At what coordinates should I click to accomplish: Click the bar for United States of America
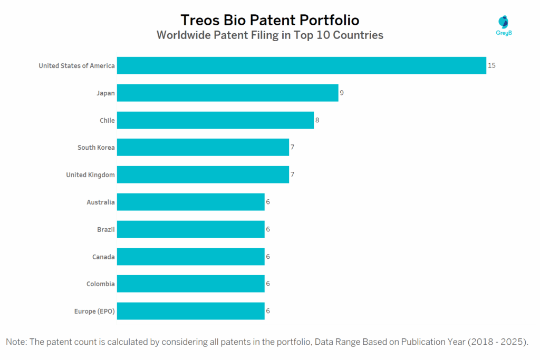[x=301, y=65]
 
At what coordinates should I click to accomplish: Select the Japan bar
[x=227, y=93]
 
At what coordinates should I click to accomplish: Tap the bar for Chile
[x=215, y=120]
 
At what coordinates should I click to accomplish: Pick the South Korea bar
[x=202, y=147]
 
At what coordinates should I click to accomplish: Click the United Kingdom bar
[x=202, y=174]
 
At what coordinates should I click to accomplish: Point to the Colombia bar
[x=190, y=284]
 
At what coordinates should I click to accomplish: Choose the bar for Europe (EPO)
[x=190, y=311]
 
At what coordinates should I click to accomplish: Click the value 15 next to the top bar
[x=492, y=65]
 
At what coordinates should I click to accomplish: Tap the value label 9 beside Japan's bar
[x=342, y=93]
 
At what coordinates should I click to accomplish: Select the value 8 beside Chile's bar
[x=317, y=120]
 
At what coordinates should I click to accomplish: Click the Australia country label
[x=101, y=202]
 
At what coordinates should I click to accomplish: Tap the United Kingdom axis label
[x=90, y=174]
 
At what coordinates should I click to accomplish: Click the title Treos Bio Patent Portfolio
[x=270, y=20]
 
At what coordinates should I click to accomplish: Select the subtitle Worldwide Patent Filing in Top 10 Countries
[x=270, y=36]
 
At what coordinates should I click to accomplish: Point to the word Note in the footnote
[x=16, y=342]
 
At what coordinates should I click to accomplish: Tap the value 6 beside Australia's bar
[x=268, y=202]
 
